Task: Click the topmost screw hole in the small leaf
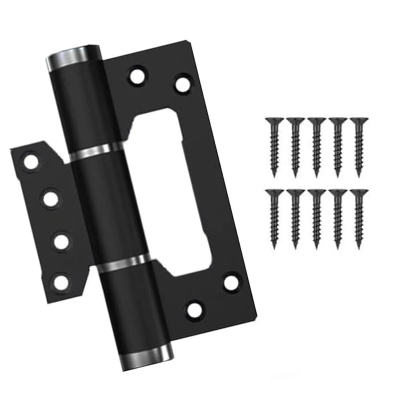click(x=31, y=162)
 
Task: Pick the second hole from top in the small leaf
click(x=51, y=199)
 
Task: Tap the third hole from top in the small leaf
click(x=61, y=241)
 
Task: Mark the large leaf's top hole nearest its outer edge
click(x=182, y=84)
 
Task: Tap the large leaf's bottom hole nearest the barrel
click(x=194, y=308)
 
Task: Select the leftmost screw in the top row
click(x=275, y=146)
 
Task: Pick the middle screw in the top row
click(x=316, y=146)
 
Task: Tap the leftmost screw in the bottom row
click(x=275, y=218)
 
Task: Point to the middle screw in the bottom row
click(x=316, y=218)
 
